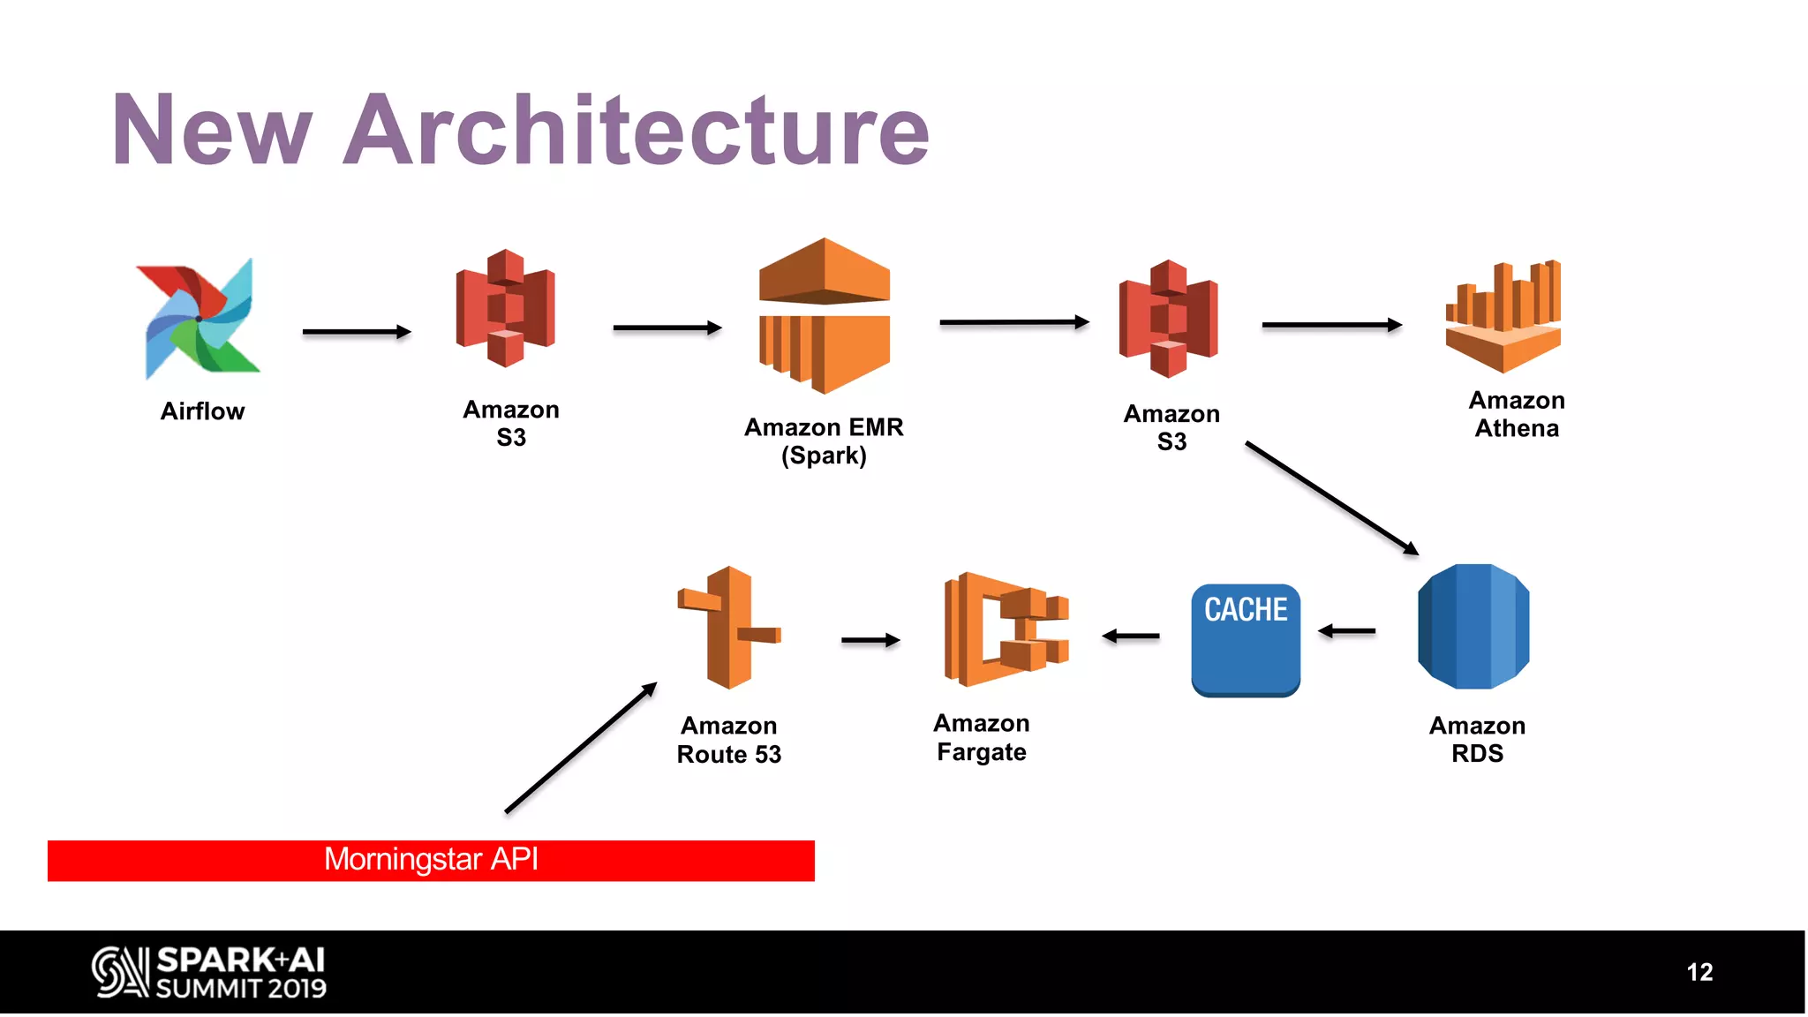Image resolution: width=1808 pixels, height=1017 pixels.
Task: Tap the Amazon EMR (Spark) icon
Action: tap(824, 316)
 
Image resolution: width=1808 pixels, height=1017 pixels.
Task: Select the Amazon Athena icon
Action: tap(1503, 318)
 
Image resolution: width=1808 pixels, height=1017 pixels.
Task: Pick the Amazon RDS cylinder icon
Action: tap(1473, 627)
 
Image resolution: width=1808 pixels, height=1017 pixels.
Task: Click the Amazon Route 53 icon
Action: tap(729, 628)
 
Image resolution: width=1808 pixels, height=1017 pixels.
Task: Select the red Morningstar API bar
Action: tap(431, 860)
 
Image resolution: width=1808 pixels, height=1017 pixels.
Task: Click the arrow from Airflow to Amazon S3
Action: tap(356, 332)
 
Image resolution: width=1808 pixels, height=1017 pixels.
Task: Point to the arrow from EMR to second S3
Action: tap(1013, 322)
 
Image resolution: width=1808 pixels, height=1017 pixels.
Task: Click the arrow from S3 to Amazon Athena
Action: tap(1331, 325)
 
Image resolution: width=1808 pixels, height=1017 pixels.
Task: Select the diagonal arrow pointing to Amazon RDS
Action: tap(1331, 498)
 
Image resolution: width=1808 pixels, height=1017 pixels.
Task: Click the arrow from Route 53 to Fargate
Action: tap(870, 640)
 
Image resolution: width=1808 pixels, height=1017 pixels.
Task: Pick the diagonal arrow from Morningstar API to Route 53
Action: tap(581, 747)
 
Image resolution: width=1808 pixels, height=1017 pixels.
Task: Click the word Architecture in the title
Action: tap(636, 130)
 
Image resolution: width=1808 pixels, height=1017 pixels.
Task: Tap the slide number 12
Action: tap(1699, 972)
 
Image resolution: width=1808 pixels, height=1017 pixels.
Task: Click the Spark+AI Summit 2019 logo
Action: tap(209, 972)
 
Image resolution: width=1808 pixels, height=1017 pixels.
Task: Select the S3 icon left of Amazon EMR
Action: tap(505, 308)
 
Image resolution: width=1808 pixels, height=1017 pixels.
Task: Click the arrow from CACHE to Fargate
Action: tap(1131, 636)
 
